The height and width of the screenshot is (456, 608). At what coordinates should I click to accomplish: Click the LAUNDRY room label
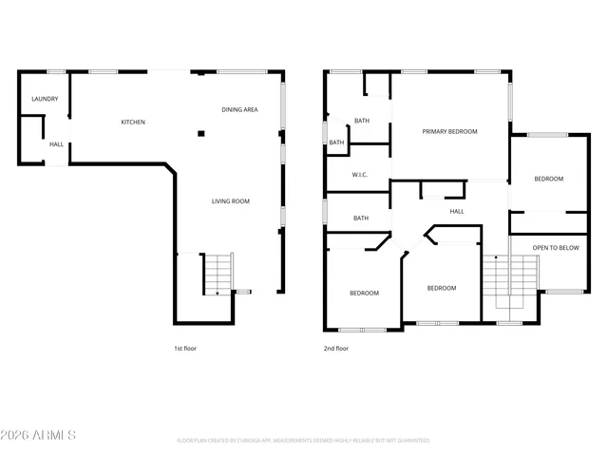(45, 99)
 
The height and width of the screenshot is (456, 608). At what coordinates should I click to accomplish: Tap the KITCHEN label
(132, 122)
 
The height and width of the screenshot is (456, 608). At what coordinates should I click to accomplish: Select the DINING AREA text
(239, 109)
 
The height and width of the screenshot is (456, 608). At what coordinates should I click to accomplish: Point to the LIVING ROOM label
(230, 200)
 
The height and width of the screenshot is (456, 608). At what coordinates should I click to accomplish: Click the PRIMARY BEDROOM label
(449, 131)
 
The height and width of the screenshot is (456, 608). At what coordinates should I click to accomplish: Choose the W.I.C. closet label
(359, 174)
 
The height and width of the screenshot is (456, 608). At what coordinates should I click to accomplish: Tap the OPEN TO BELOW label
(555, 247)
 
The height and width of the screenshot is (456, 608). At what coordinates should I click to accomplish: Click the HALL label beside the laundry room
(57, 144)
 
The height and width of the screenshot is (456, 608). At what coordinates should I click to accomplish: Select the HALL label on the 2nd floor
(456, 211)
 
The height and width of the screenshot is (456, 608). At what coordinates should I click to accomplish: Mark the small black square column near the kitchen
(200, 134)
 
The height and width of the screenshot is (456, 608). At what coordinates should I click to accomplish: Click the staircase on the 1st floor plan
(218, 275)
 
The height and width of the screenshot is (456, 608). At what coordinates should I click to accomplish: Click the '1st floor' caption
(185, 349)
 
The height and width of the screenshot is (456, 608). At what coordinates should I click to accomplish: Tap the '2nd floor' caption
(336, 349)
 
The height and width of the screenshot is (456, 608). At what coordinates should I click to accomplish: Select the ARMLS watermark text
(39, 435)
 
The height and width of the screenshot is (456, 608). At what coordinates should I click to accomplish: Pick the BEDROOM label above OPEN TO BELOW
(548, 179)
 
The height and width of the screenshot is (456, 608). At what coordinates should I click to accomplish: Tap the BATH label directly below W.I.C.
(361, 218)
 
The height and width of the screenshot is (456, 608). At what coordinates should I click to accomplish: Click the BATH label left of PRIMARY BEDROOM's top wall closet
(362, 121)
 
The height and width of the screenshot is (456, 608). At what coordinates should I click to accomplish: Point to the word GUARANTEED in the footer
(409, 441)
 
